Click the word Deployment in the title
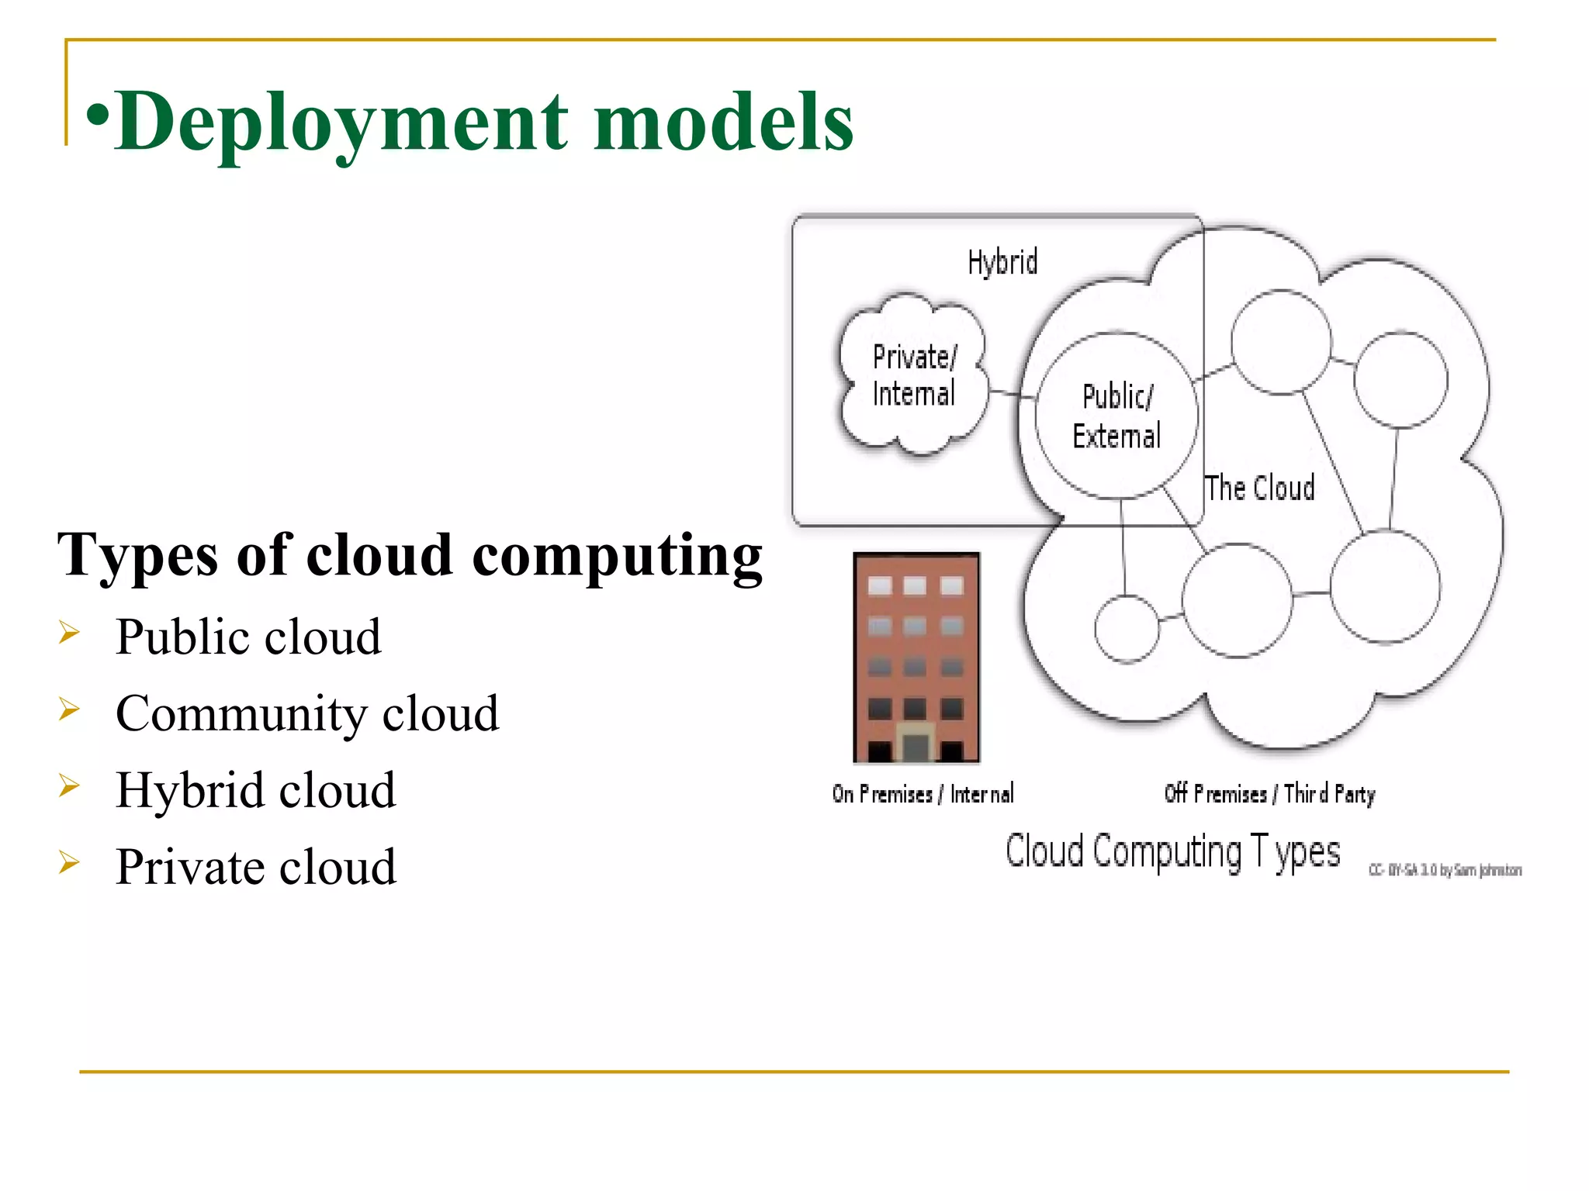point(341,123)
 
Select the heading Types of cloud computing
point(410,555)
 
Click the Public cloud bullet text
point(248,637)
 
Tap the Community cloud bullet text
point(307,713)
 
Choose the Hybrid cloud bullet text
point(255,790)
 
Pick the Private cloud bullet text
point(255,867)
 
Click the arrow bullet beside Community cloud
point(69,709)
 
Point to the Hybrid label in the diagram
point(1002,263)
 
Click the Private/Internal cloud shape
point(914,375)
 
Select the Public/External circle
point(1116,416)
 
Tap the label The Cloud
point(1259,488)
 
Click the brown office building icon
point(916,644)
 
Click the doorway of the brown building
point(916,744)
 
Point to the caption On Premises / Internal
point(923,794)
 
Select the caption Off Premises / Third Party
point(1269,794)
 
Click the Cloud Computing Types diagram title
point(1172,851)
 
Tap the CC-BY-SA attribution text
point(1445,870)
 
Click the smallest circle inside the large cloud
point(1127,629)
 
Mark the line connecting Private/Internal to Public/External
point(1012,395)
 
